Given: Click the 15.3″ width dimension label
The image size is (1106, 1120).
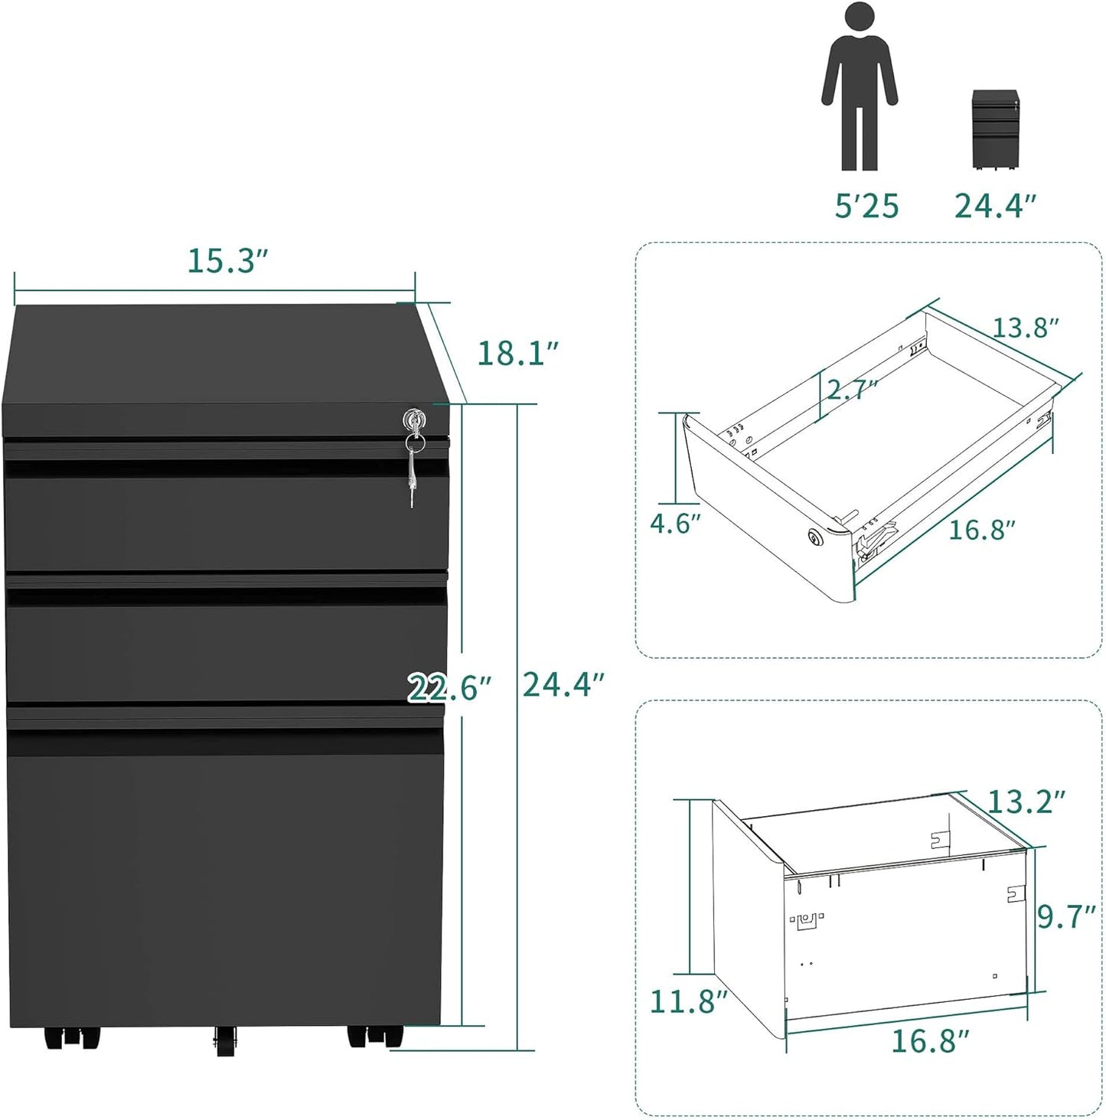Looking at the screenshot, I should (227, 261).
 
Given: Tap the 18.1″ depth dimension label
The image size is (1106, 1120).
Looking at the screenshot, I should (517, 353).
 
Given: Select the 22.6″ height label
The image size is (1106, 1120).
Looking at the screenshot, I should (449, 687).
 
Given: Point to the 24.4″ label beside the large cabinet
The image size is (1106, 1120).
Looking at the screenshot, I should (563, 684).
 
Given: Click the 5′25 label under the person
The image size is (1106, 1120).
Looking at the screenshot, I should (866, 206).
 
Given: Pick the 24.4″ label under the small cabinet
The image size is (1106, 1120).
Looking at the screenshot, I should (995, 206).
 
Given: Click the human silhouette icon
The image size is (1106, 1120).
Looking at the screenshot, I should (860, 86).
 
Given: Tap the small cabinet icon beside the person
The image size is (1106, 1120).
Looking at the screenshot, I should (995, 129).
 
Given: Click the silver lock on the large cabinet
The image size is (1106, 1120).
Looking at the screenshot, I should (413, 419).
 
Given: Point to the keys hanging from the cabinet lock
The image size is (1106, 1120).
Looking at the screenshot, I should (413, 471).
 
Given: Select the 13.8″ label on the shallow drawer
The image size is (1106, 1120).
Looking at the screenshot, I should (1026, 328).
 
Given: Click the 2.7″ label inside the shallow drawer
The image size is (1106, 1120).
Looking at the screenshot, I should (851, 389).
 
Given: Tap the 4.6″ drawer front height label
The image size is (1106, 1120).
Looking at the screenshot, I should (675, 524).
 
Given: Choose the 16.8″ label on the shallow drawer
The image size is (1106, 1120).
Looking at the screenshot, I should (982, 529).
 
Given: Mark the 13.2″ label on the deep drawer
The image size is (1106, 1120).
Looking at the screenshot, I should (1026, 802).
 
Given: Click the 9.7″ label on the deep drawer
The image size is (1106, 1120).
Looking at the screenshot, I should (1066, 916).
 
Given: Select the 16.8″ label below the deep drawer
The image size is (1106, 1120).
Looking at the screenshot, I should (930, 1041).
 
